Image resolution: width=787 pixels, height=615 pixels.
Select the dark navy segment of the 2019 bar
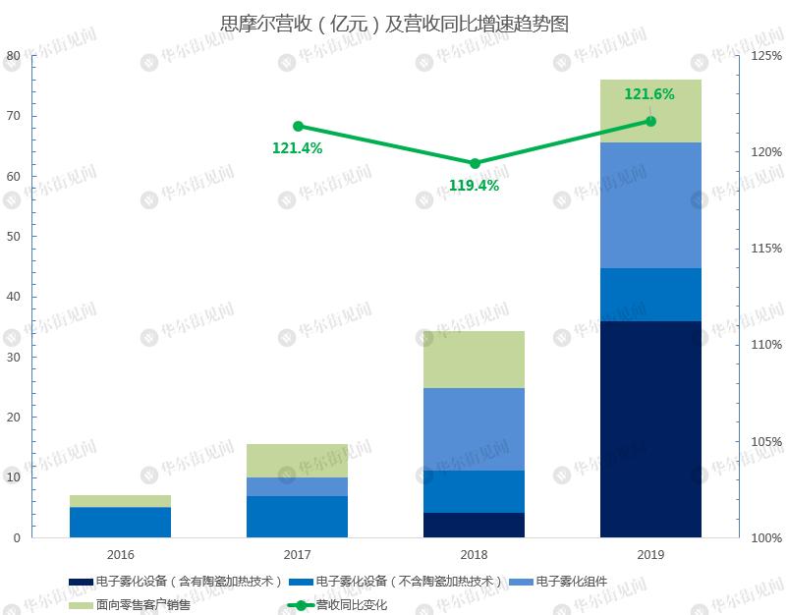[650, 429]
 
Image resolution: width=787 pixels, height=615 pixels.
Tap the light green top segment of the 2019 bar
[650, 110]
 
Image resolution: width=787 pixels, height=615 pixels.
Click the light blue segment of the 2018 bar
[474, 429]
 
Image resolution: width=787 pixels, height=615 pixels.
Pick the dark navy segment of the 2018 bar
[474, 525]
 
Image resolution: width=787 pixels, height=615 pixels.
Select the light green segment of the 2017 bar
[297, 460]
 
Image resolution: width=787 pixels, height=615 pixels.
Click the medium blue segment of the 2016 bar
[120, 522]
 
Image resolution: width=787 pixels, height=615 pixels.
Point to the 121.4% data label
[297, 148]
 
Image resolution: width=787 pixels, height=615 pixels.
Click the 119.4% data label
[474, 185]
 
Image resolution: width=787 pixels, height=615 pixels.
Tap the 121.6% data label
[649, 94]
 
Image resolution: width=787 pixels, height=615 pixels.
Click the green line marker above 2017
[298, 126]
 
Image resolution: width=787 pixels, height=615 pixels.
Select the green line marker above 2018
[475, 163]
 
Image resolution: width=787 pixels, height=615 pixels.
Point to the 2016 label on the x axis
[120, 554]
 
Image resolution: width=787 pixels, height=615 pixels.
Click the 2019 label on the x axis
[650, 554]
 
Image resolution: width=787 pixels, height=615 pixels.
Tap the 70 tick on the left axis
[13, 116]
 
